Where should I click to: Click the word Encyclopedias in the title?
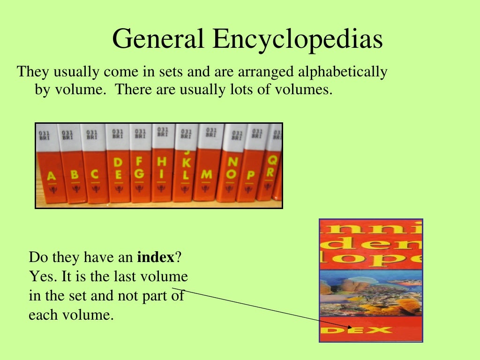298,40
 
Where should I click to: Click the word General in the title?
159,39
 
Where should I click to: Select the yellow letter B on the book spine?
74,175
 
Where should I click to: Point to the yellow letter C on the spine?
95,174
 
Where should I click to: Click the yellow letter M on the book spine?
206,174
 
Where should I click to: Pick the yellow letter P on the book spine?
251,175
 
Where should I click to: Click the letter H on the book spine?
162,162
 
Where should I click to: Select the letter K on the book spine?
186,163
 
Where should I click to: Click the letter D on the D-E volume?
118,162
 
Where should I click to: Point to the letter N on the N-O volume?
232,162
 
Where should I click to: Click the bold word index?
156,257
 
